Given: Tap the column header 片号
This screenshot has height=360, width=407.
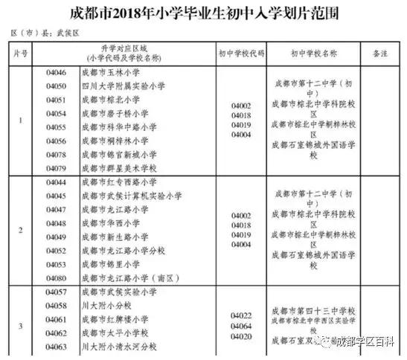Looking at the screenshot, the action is point(20,54).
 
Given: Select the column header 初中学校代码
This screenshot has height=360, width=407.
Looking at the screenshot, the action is point(240,54).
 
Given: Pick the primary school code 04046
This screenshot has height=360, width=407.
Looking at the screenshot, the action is point(57,73).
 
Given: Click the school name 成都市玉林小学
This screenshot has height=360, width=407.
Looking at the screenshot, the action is point(111,73).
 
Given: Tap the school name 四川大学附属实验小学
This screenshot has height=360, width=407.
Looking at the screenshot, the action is point(124,86).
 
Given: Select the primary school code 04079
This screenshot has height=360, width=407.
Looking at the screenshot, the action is point(57,168).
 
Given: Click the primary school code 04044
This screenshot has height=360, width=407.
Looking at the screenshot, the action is point(57,182).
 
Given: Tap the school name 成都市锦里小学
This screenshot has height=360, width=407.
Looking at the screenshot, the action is point(111,263).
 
